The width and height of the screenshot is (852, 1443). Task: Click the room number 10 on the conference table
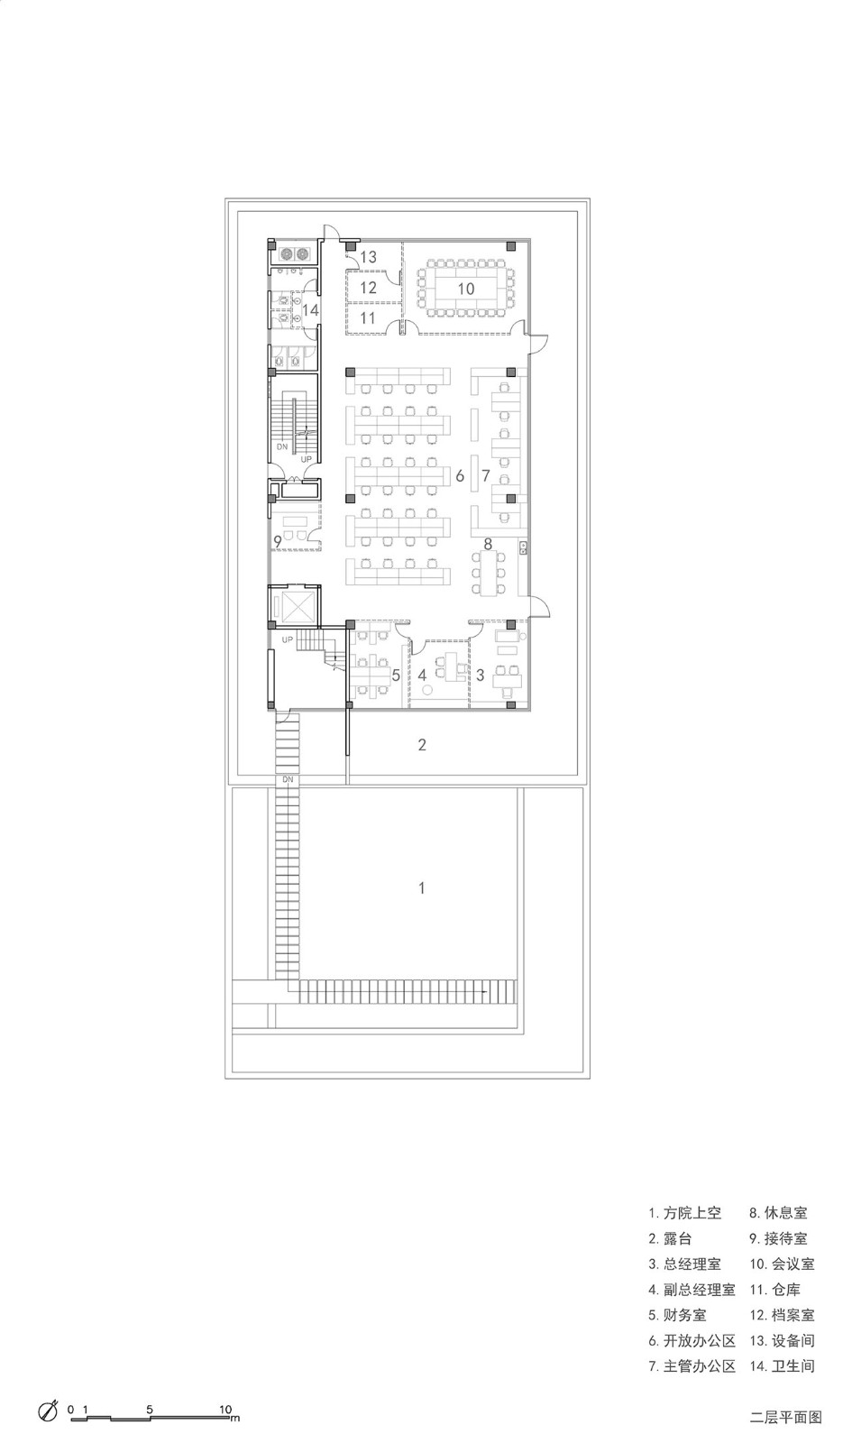coord(465,289)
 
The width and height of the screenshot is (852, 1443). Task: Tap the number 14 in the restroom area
coord(310,310)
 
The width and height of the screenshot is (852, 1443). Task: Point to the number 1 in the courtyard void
coord(422,887)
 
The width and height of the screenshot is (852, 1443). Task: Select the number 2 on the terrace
coord(422,745)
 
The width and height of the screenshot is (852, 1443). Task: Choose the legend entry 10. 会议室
coord(782,1264)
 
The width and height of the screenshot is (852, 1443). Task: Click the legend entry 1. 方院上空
coord(684,1213)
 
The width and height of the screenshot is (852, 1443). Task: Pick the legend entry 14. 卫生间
coord(782,1365)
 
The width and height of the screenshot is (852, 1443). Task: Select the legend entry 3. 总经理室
coord(684,1264)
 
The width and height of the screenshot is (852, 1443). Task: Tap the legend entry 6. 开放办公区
coord(692,1340)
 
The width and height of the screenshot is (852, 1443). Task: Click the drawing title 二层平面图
coord(785,1417)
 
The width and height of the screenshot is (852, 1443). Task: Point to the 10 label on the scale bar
coord(224,1409)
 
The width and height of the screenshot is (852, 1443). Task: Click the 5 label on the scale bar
coord(150,1409)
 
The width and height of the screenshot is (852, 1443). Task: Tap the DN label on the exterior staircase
coord(288,779)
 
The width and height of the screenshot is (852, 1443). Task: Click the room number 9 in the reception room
coord(278,542)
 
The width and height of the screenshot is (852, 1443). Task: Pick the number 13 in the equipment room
coord(368,257)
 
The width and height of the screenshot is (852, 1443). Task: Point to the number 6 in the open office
coord(460,475)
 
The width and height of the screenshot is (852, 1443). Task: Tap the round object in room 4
coord(426,690)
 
